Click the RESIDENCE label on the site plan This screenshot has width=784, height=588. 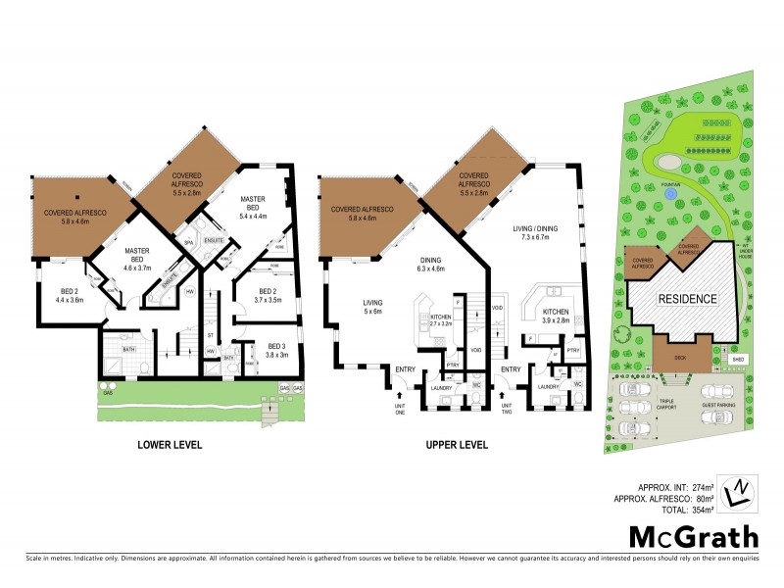687,299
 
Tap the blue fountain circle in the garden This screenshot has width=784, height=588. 669,194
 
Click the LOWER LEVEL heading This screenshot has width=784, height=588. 169,445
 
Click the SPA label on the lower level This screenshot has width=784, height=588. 188,241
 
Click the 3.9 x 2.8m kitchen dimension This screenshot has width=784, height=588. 555,319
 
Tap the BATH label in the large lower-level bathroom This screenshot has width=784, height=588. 127,348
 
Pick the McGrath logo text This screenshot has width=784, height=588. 692,536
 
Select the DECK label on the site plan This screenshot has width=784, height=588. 680,357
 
